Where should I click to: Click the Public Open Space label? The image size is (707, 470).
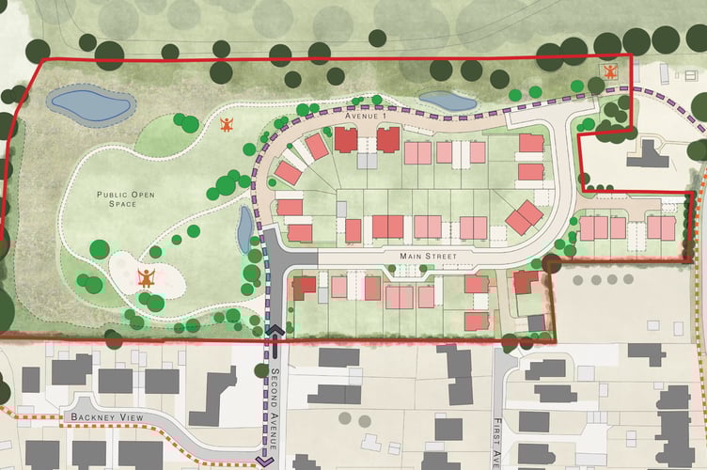pyautogui.click(x=122, y=199)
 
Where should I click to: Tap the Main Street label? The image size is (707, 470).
pyautogui.click(x=434, y=255)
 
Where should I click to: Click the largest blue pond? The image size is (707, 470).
pyautogui.click(x=89, y=105)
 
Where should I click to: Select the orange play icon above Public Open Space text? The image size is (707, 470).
pyautogui.click(x=226, y=125)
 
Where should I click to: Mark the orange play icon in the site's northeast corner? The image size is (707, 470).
pyautogui.click(x=610, y=71)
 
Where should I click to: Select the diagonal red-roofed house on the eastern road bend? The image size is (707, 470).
pyautogui.click(x=524, y=217)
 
